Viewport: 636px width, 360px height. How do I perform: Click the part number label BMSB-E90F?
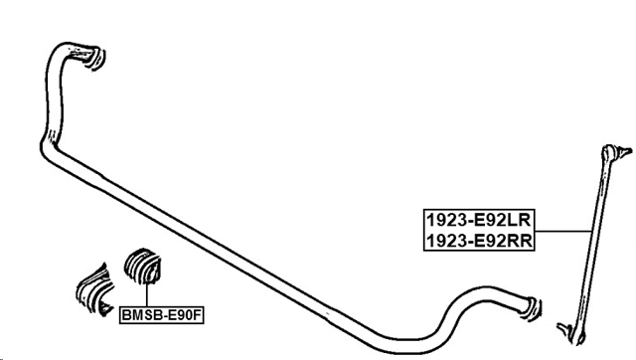(x=161, y=315)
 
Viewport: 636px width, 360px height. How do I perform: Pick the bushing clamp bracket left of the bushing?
(x=95, y=287)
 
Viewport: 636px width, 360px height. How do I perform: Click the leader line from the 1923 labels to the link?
(x=560, y=231)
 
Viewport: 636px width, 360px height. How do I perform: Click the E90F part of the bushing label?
(x=185, y=315)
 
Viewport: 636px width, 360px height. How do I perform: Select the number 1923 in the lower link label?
(x=444, y=240)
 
